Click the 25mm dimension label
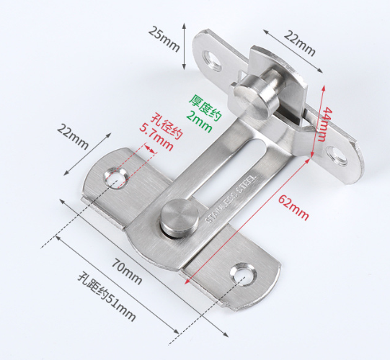[x=164, y=38]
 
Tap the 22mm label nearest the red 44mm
[x=300, y=42]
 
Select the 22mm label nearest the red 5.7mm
[x=73, y=137]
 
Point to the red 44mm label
[x=325, y=125]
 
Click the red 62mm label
[x=293, y=207]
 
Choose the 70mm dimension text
[x=127, y=271]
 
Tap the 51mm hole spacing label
[x=107, y=297]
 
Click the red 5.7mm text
[x=156, y=138]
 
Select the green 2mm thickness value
[x=199, y=122]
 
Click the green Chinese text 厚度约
[x=205, y=108]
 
